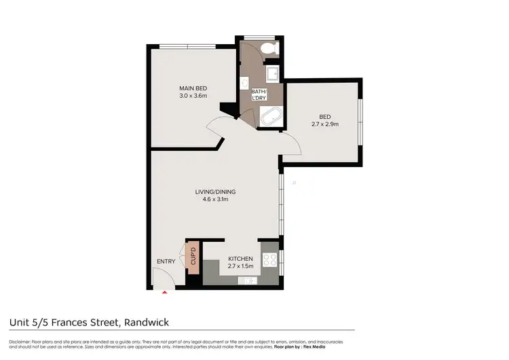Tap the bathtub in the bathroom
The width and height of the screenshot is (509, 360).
click(273, 117)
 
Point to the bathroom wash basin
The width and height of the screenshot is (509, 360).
click(245, 83)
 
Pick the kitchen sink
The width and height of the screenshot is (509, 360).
click(248, 278)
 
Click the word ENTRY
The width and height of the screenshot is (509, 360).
click(166, 262)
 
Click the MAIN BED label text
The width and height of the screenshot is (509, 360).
click(193, 88)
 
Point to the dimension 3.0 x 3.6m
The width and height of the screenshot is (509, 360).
click(193, 96)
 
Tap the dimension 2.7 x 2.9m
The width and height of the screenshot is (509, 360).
click(324, 124)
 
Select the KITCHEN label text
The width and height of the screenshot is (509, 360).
click(240, 259)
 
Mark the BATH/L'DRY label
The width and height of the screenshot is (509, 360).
click(259, 95)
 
